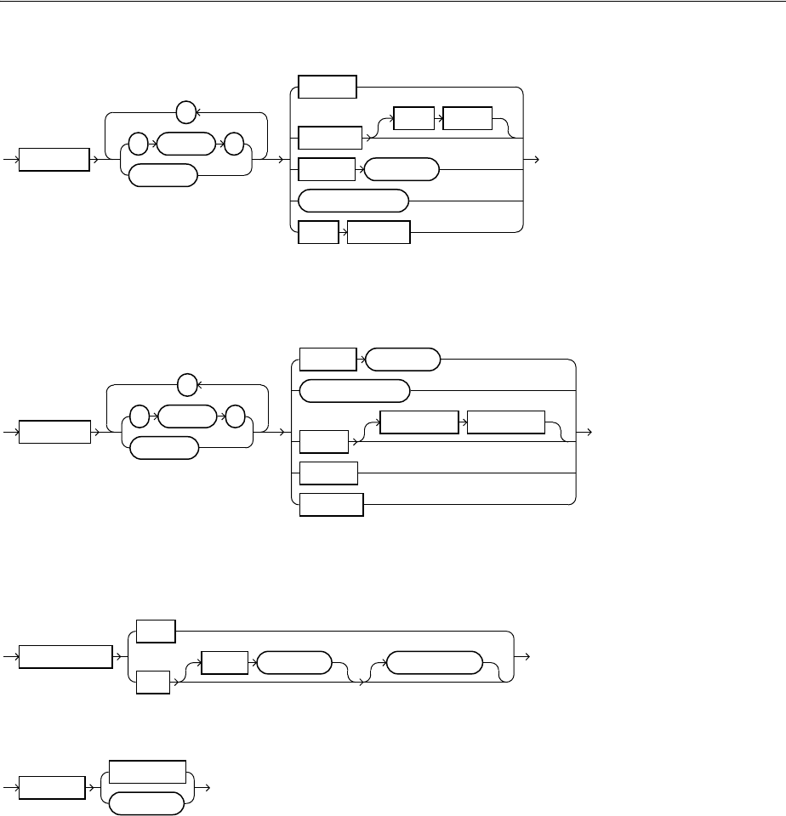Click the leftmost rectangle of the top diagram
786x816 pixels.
(54, 159)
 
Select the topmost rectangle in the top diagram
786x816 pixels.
(327, 87)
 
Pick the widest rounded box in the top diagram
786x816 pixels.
(354, 201)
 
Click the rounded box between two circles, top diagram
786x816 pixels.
(185, 144)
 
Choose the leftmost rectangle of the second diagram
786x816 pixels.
(54, 431)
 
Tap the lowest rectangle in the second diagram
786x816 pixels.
(332, 504)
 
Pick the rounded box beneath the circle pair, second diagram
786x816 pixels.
(164, 447)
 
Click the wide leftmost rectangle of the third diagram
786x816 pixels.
(65, 657)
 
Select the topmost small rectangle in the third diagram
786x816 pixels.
(155, 632)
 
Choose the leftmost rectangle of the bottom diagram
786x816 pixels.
(51, 787)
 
